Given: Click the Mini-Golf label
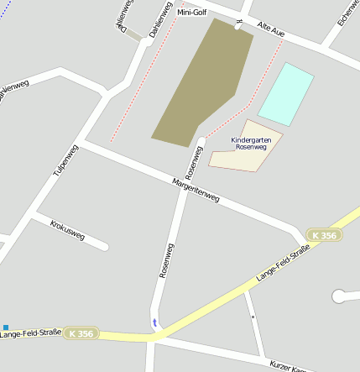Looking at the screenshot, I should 191,13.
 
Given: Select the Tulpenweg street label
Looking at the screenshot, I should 65,160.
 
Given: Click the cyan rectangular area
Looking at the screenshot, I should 285,94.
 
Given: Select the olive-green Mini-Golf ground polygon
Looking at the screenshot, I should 201,84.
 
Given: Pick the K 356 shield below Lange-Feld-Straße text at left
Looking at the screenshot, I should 81,333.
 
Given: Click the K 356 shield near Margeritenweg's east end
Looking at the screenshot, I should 324,236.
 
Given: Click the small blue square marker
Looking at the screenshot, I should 6,327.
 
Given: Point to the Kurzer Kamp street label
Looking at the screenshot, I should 294,366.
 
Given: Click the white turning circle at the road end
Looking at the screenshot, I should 339,296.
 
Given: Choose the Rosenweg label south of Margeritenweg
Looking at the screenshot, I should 166,260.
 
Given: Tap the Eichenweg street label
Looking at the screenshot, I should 345,12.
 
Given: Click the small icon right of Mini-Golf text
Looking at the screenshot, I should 238,24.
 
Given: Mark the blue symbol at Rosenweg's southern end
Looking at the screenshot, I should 153,322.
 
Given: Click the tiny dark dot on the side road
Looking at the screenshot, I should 253,317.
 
